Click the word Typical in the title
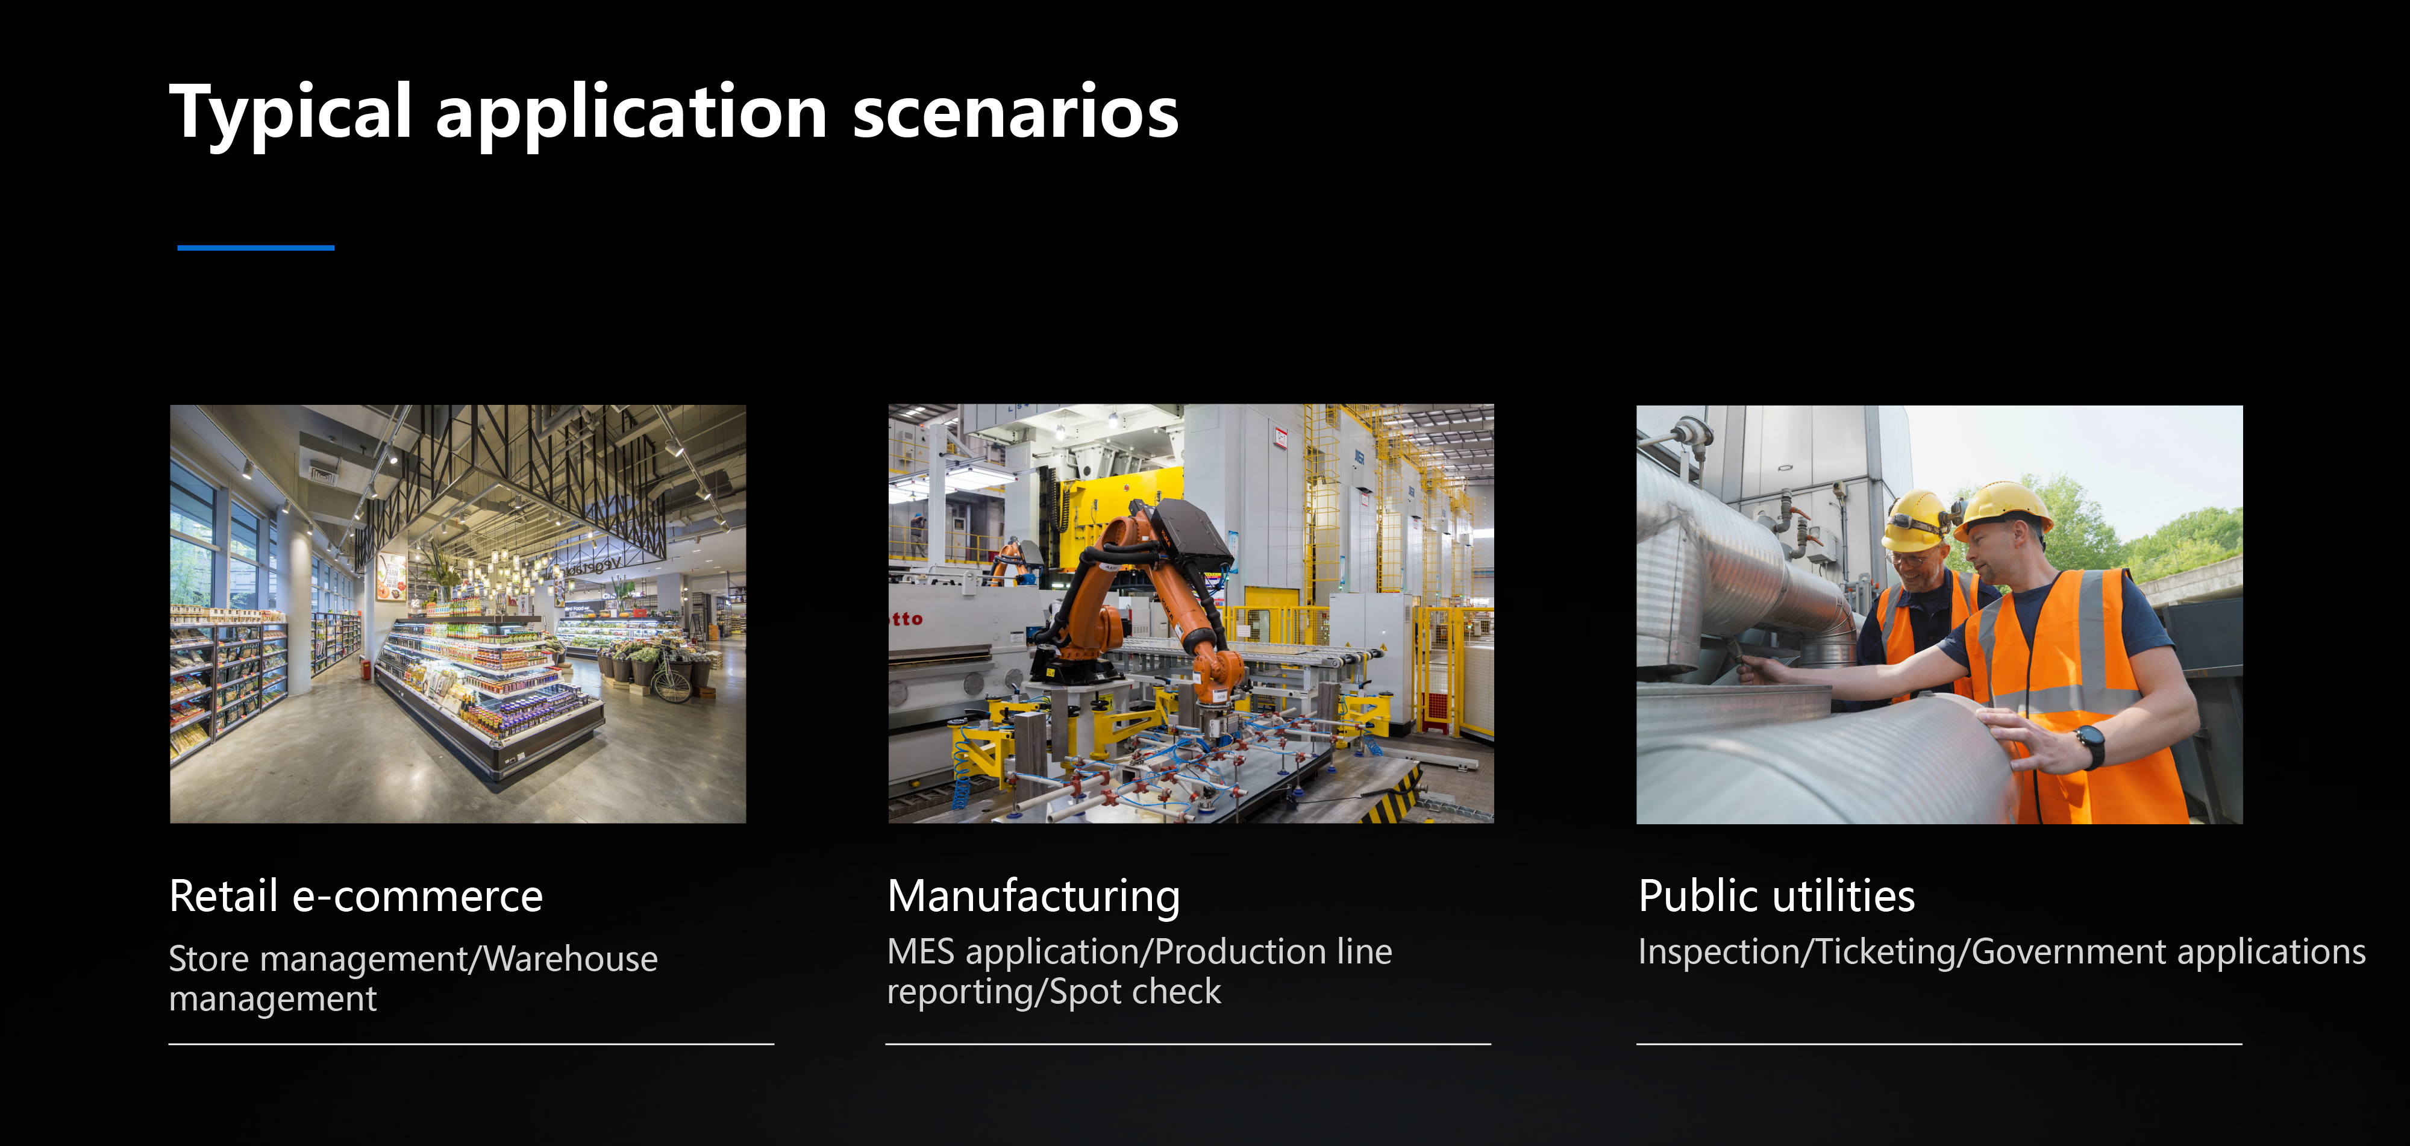pos(290,113)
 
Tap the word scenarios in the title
pos(1015,111)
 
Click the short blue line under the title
pos(255,248)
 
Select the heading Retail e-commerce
pos(355,895)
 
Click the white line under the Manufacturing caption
pos(1188,1044)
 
